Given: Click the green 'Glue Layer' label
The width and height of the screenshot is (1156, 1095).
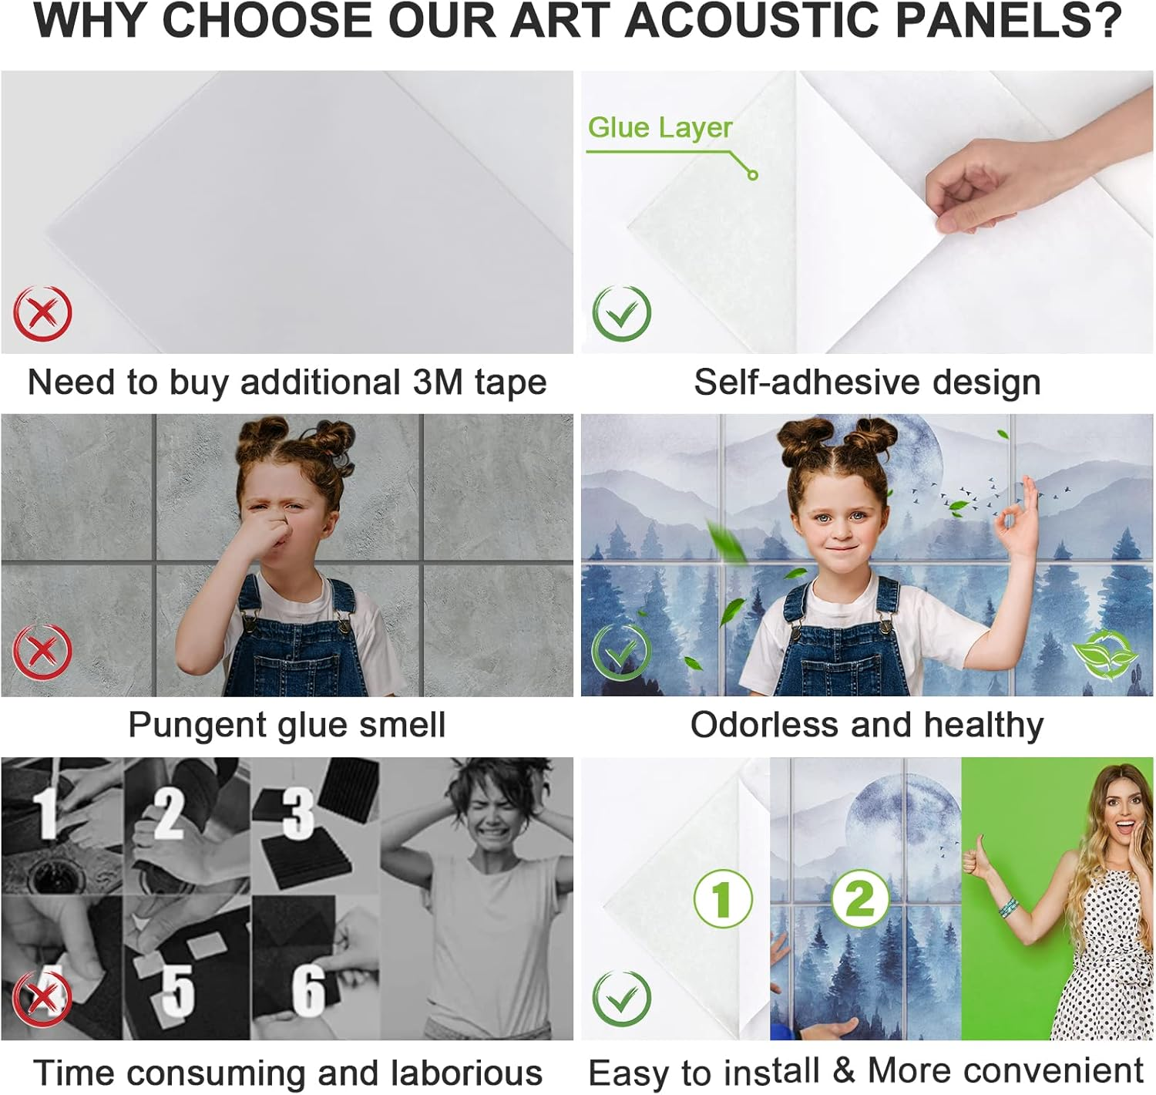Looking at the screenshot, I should click(x=660, y=127).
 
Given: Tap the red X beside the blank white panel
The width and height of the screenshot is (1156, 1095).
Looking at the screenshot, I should click(x=42, y=314).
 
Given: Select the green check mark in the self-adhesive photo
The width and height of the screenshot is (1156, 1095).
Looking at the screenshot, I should click(x=621, y=313).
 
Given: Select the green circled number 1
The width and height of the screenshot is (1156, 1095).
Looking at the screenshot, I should click(x=722, y=899).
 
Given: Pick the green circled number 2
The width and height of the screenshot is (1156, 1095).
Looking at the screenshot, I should click(x=860, y=898).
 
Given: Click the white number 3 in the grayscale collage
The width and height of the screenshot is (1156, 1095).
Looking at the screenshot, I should click(x=298, y=813).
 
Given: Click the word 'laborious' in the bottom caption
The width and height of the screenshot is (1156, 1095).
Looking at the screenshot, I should click(x=465, y=1073).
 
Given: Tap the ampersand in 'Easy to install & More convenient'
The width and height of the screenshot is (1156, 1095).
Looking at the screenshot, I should click(x=843, y=1070).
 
